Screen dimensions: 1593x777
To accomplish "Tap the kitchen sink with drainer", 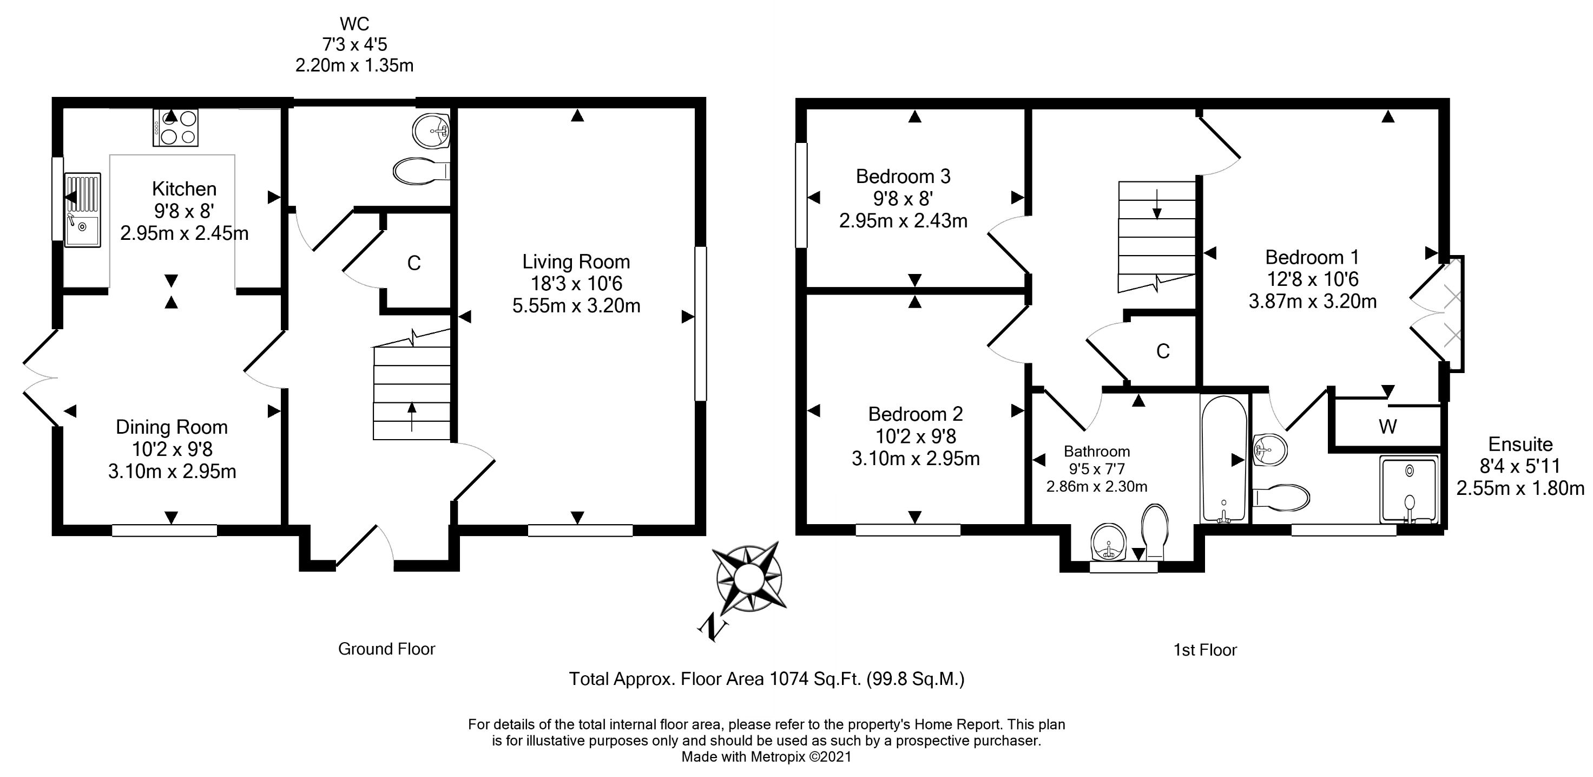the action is tap(82, 210).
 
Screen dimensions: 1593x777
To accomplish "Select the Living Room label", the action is tap(576, 262).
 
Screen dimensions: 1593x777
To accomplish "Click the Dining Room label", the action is tap(172, 427).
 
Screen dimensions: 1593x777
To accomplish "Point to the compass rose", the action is tap(748, 578).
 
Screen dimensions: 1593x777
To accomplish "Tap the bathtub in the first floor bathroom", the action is tap(1223, 458).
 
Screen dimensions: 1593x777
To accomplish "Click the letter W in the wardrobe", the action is tap(1388, 426).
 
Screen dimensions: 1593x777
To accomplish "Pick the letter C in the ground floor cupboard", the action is tap(414, 264).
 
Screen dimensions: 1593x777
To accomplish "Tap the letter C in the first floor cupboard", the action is tap(1163, 351).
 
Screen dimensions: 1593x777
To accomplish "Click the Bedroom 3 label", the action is tap(903, 177).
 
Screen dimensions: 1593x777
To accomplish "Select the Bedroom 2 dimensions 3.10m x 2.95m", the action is tap(915, 459).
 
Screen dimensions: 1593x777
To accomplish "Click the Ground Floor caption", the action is tap(386, 649).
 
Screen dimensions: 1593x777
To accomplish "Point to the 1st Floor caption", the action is tap(1204, 650).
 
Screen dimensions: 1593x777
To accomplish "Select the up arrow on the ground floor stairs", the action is tap(412, 415).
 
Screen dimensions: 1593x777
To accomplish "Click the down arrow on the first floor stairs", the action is tap(1156, 204).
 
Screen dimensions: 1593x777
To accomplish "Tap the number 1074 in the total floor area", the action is tap(788, 679).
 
